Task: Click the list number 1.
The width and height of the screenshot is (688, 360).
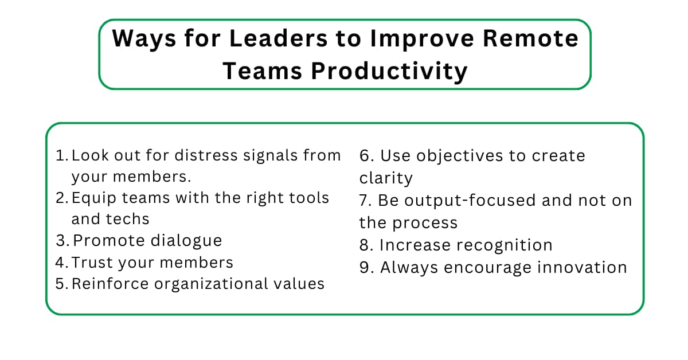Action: point(61,155)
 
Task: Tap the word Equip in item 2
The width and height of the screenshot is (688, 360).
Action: point(91,198)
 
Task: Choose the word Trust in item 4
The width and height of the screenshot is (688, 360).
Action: point(91,263)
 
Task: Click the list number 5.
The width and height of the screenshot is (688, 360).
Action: point(62,284)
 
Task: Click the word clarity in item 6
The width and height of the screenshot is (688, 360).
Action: point(386,178)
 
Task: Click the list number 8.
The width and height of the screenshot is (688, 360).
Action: point(365,245)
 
